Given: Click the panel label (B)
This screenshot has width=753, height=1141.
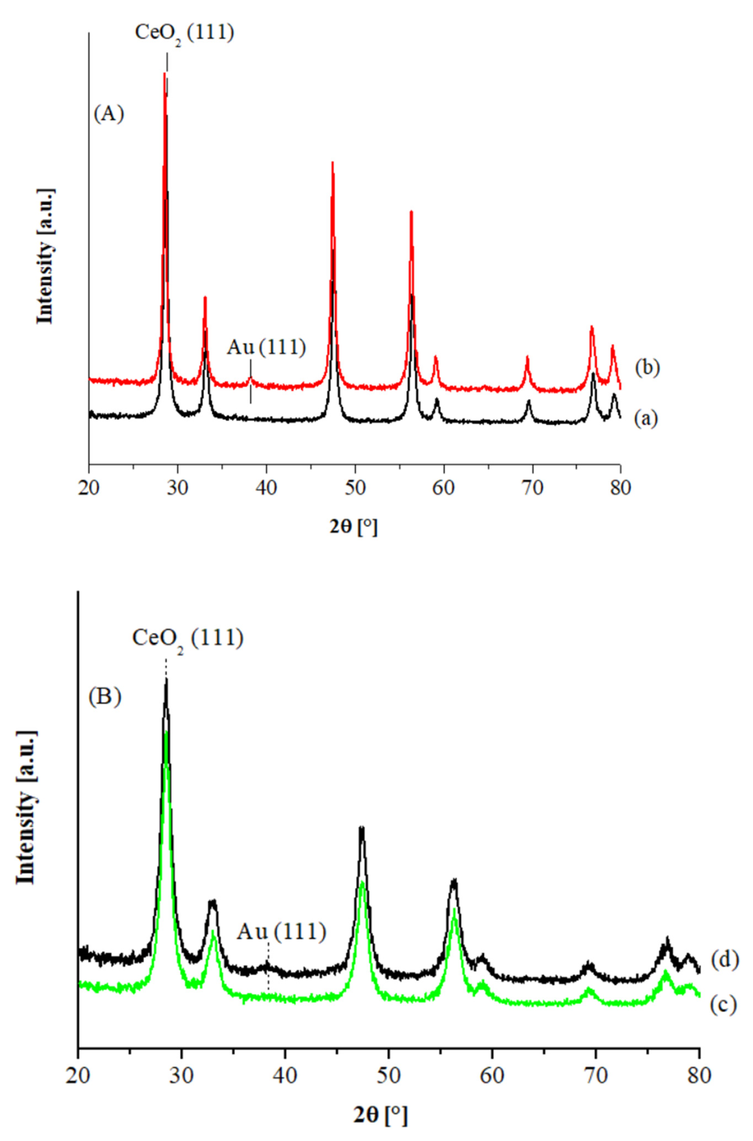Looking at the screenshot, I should click(x=104, y=696).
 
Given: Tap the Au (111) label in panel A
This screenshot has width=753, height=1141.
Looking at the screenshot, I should click(x=266, y=347).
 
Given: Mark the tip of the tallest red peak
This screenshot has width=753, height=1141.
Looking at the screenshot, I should click(x=165, y=73).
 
